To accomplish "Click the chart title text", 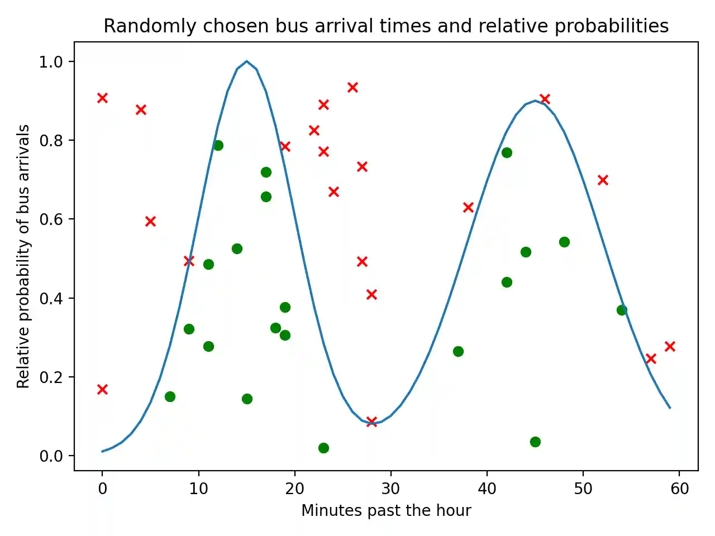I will (x=386, y=26).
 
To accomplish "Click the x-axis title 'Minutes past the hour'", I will (x=386, y=510).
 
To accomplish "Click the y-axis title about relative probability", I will (x=23, y=256).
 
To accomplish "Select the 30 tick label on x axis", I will (x=390, y=489).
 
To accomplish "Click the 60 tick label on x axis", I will (x=679, y=489).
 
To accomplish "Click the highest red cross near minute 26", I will (x=352, y=87).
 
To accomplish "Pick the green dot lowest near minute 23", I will (x=323, y=448).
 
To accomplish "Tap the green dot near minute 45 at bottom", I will (x=535, y=442).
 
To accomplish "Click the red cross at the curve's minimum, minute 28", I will (x=371, y=422).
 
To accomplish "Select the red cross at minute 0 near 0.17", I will (x=102, y=389).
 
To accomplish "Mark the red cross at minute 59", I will (x=670, y=346).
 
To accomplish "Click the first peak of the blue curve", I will (x=246, y=61).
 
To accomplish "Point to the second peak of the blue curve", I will (x=535, y=101).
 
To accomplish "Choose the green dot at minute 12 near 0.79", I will (x=218, y=145).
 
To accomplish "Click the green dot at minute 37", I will (x=458, y=351).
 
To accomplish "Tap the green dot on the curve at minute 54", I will (x=622, y=310).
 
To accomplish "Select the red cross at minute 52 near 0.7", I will (x=603, y=180).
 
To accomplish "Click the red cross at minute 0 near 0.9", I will (x=102, y=98).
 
